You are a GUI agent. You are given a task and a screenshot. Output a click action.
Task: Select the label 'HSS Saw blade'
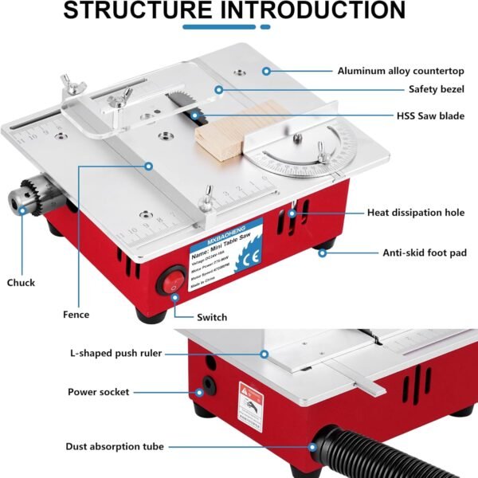pyautogui.click(x=430, y=116)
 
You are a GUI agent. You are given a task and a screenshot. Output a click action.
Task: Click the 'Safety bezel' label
pyautogui.click(x=437, y=90)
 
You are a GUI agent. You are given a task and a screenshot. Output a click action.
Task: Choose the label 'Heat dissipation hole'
pyautogui.click(x=417, y=213)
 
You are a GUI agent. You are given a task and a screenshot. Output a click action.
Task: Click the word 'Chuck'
pyautogui.click(x=21, y=283)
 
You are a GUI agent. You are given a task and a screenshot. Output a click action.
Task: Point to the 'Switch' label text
pyautogui.click(x=211, y=317)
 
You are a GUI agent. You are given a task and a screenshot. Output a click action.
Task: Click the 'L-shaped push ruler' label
pyautogui.click(x=116, y=353)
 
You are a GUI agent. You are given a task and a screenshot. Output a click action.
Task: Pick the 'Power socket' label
pyautogui.click(x=98, y=392)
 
